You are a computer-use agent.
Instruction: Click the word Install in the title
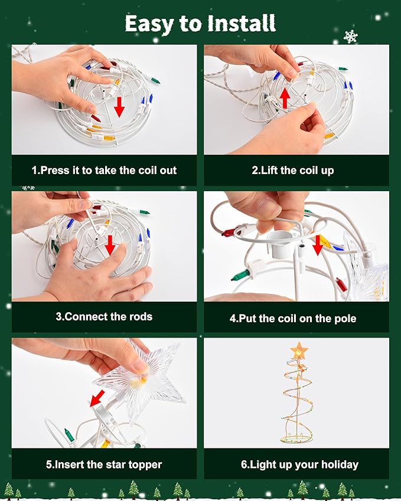[242, 24]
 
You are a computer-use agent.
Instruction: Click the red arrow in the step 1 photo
[119, 107]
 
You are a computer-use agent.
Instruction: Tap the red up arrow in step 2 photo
[285, 98]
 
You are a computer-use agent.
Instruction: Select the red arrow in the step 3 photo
[110, 245]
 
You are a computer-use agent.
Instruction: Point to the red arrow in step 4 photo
[318, 245]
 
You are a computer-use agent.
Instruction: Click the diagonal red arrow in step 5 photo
[97, 398]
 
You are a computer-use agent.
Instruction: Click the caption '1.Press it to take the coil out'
[105, 171]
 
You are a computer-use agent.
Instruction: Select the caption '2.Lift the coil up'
[292, 171]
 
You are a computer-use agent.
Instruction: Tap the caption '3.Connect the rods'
[105, 317]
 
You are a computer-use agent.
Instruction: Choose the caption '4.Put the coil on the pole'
[292, 319]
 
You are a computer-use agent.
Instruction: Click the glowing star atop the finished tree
[299, 351]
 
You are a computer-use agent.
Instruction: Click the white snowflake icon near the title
[350, 37]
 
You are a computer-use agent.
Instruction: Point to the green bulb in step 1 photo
[154, 80]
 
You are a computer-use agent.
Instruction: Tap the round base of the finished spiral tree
[296, 438]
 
